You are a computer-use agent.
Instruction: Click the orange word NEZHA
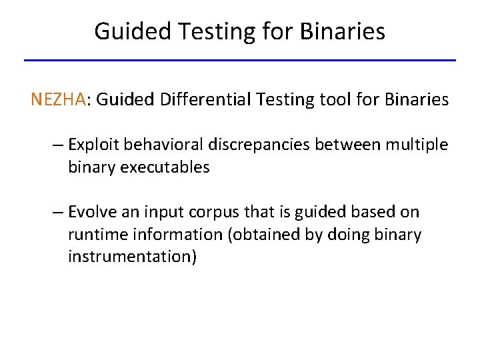click(x=58, y=100)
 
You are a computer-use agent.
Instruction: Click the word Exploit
click(x=94, y=145)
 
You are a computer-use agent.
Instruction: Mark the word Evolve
click(x=91, y=213)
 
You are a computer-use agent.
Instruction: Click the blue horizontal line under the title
click(x=240, y=61)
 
